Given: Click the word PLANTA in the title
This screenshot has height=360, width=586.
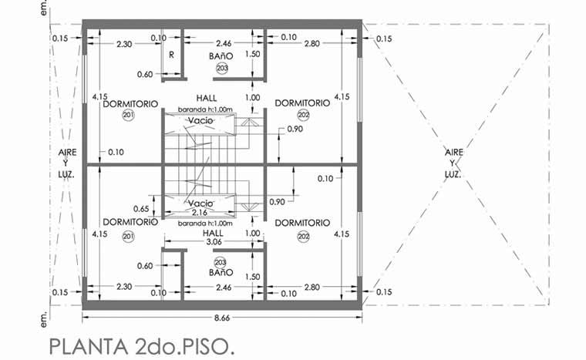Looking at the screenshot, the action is click(x=88, y=347).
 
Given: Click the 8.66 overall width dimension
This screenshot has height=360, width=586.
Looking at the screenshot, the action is click(x=222, y=318).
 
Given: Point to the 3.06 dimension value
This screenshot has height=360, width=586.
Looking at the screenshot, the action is click(x=214, y=242).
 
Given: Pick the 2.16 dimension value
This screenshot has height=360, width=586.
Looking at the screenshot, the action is click(x=200, y=213).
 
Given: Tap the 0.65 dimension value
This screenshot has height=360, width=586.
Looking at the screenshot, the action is click(x=141, y=209).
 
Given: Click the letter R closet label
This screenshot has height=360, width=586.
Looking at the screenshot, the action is click(x=171, y=55).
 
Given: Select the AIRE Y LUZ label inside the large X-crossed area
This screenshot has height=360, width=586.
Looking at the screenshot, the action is click(x=453, y=163).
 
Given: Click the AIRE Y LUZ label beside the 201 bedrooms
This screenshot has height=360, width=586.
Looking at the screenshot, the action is click(x=67, y=163).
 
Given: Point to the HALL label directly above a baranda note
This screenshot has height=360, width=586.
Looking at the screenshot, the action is click(x=207, y=99).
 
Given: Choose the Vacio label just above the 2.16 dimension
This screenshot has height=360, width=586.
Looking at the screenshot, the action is click(x=200, y=204).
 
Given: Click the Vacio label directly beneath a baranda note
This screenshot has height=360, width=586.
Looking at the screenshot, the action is click(x=200, y=120).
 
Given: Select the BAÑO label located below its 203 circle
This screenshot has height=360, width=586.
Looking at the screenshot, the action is click(x=221, y=273).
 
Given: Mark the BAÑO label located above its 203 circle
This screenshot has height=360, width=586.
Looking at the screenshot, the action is click(x=221, y=56).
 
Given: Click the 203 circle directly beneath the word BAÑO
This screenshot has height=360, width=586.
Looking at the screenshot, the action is click(x=222, y=69).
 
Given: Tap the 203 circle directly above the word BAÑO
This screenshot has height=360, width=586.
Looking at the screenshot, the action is click(x=220, y=262).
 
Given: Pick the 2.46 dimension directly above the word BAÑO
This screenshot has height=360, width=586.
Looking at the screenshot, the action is click(x=224, y=44).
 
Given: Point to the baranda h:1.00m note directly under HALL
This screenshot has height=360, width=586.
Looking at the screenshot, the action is click(x=205, y=109).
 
